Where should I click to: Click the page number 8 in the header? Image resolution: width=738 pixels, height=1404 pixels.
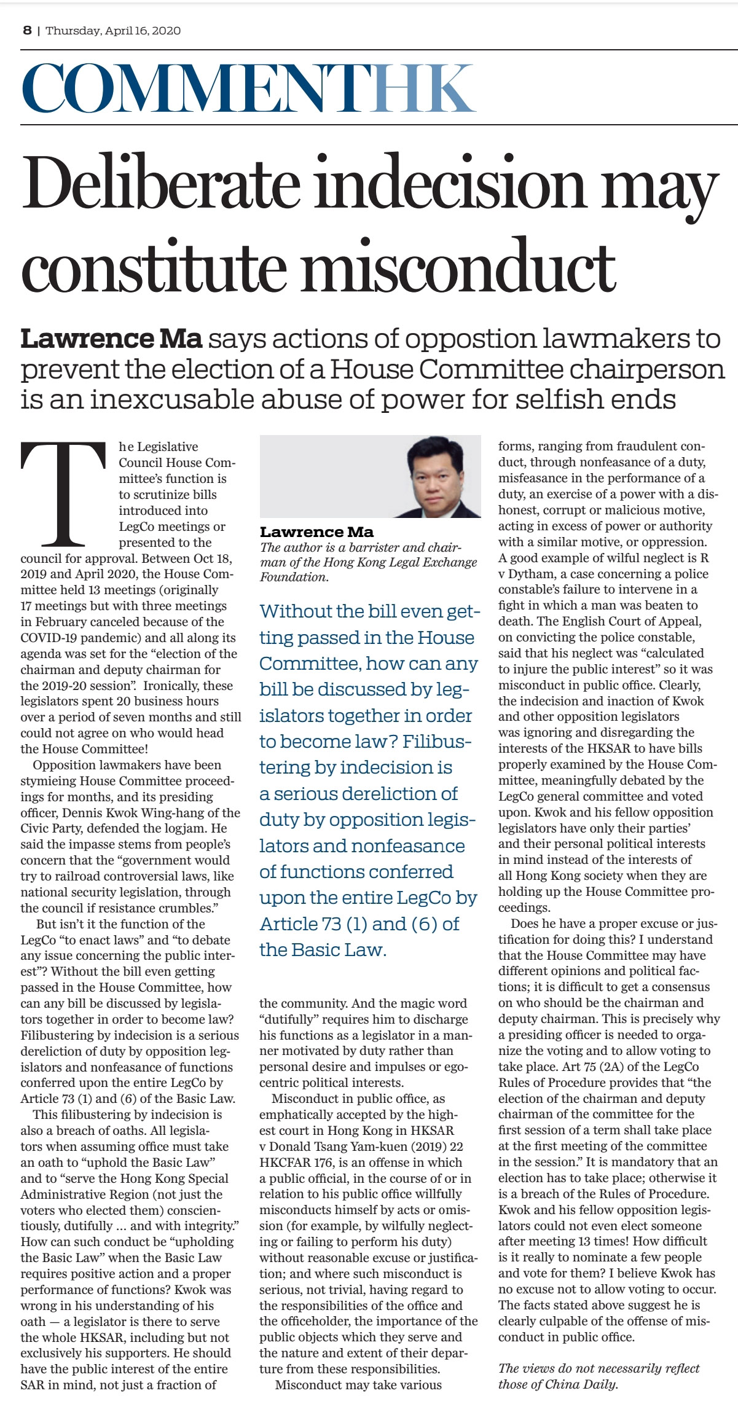27,30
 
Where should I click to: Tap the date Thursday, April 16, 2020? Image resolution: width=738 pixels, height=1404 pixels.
113,30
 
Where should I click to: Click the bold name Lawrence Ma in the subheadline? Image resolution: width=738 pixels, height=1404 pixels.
112,339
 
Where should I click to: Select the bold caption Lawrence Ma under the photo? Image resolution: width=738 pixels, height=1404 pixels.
316,531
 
